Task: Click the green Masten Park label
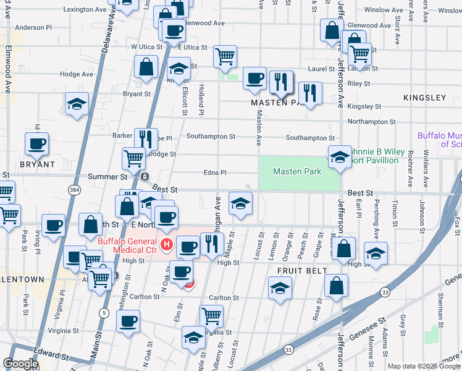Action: point(297,171)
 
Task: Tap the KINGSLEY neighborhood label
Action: point(424,98)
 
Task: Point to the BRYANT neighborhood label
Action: point(37,165)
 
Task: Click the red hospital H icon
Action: point(166,245)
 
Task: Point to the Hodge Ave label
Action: point(77,74)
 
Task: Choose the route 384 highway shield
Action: point(75,188)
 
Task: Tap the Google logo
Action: point(20,364)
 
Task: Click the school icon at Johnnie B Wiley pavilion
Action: point(339,157)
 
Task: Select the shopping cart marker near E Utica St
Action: point(225,56)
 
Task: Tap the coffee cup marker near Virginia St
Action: point(128,321)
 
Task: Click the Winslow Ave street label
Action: point(385,10)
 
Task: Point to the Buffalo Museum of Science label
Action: point(439,139)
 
